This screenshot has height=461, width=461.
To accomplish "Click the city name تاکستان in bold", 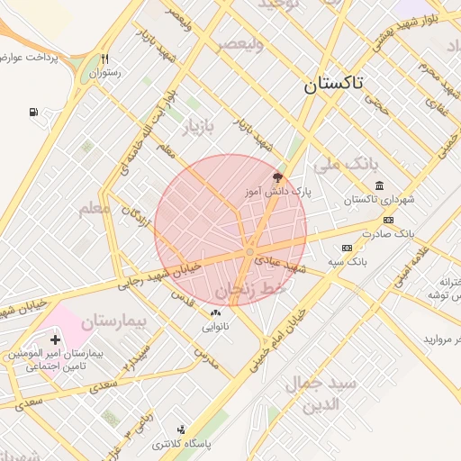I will point(333,85).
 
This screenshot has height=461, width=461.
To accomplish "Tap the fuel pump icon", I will point(34,113).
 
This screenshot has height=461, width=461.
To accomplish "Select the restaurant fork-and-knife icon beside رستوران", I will point(105,59).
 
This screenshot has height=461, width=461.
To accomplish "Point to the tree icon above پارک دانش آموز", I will point(276,178).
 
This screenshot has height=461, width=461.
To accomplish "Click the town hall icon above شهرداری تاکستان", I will point(378,185).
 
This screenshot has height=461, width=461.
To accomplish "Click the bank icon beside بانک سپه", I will point(347,248).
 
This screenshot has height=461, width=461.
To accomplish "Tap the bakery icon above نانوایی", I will point(215,312).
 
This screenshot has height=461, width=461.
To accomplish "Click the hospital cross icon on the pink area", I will point(56,339).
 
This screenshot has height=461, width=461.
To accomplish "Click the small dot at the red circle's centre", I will point(249,253).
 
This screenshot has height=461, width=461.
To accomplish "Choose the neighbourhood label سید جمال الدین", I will point(321,393).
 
